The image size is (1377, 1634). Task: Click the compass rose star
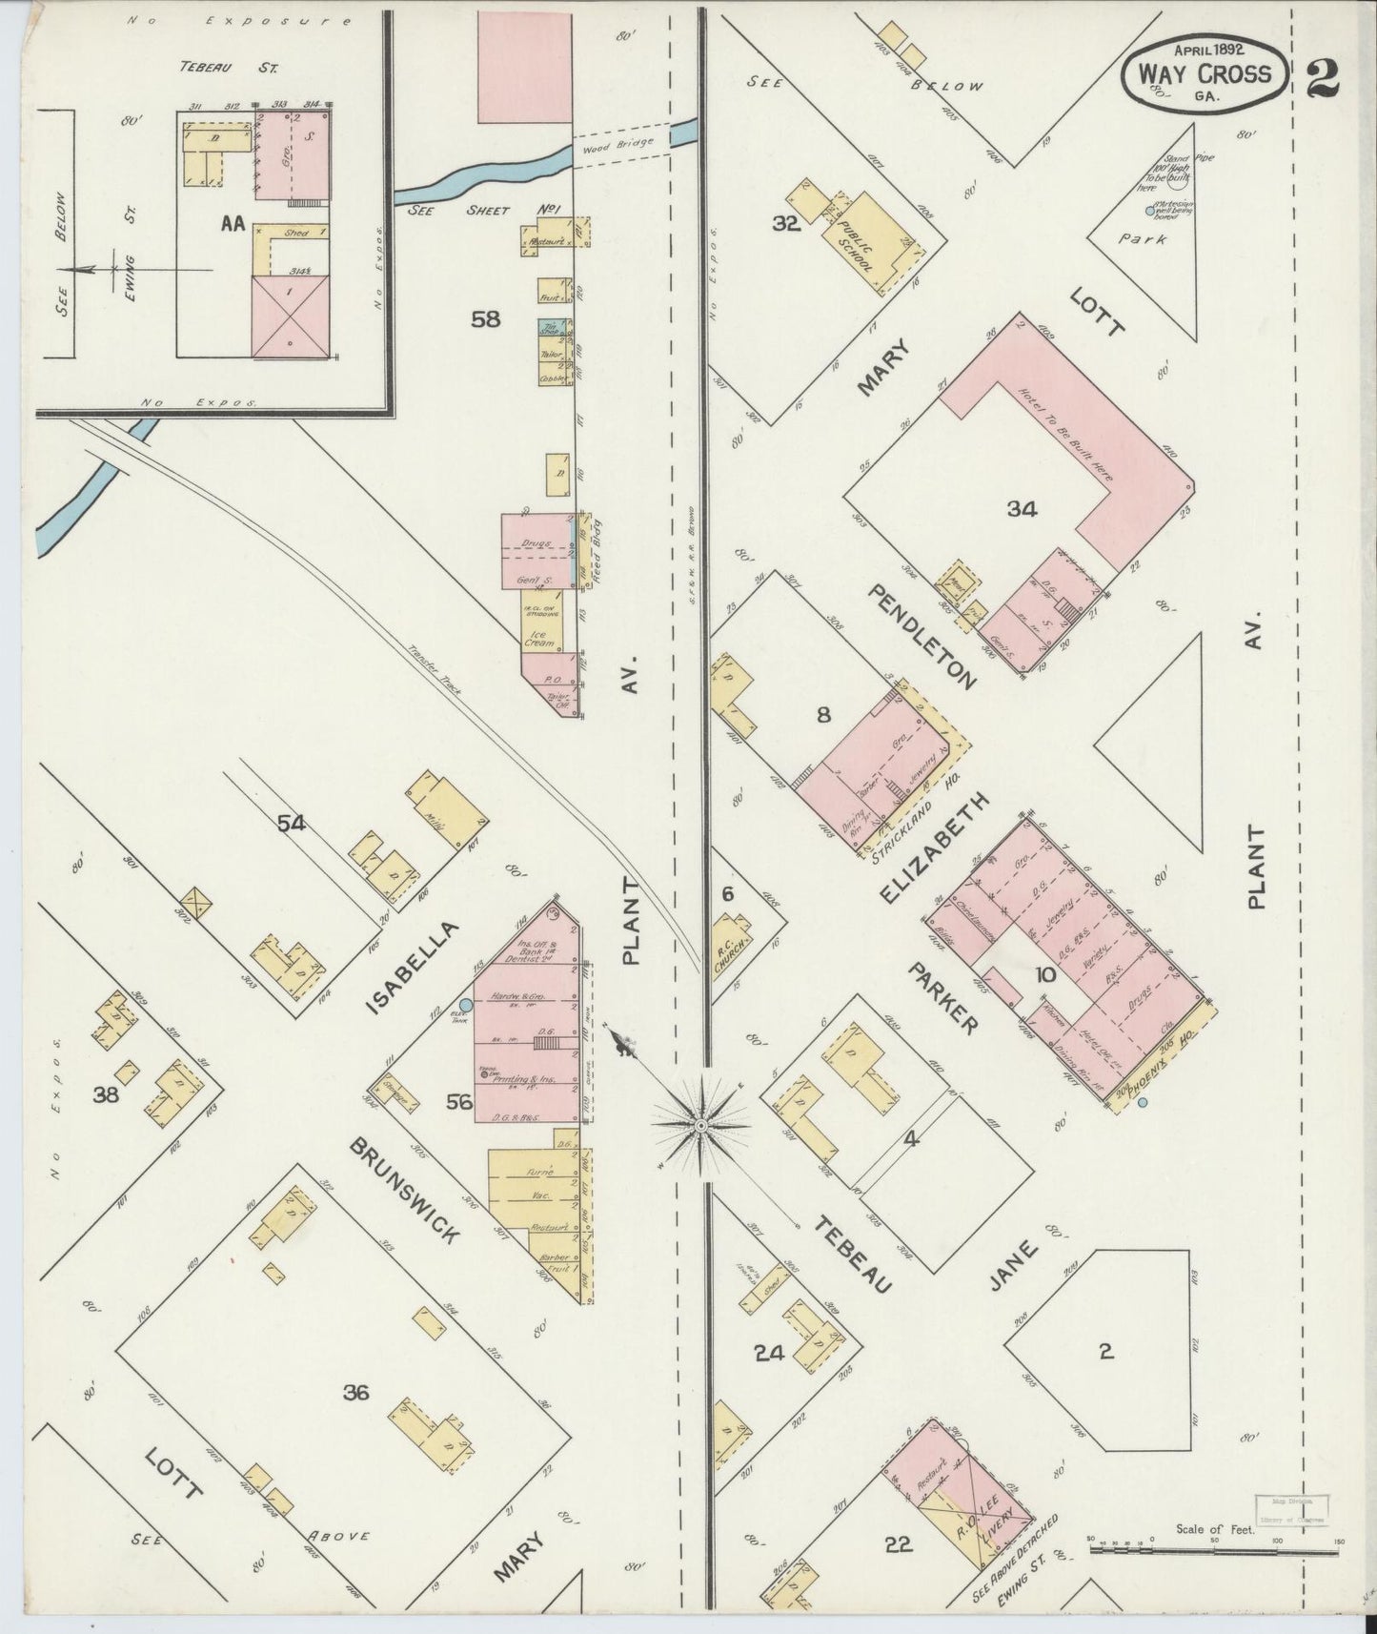click(700, 1125)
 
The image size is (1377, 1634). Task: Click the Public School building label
click(856, 247)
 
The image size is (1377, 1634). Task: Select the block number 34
click(1022, 509)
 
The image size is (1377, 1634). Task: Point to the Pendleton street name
click(922, 636)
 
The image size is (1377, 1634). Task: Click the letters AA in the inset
click(232, 223)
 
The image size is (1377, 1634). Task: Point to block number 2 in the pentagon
click(1105, 1351)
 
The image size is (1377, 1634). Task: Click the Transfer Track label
click(434, 667)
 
